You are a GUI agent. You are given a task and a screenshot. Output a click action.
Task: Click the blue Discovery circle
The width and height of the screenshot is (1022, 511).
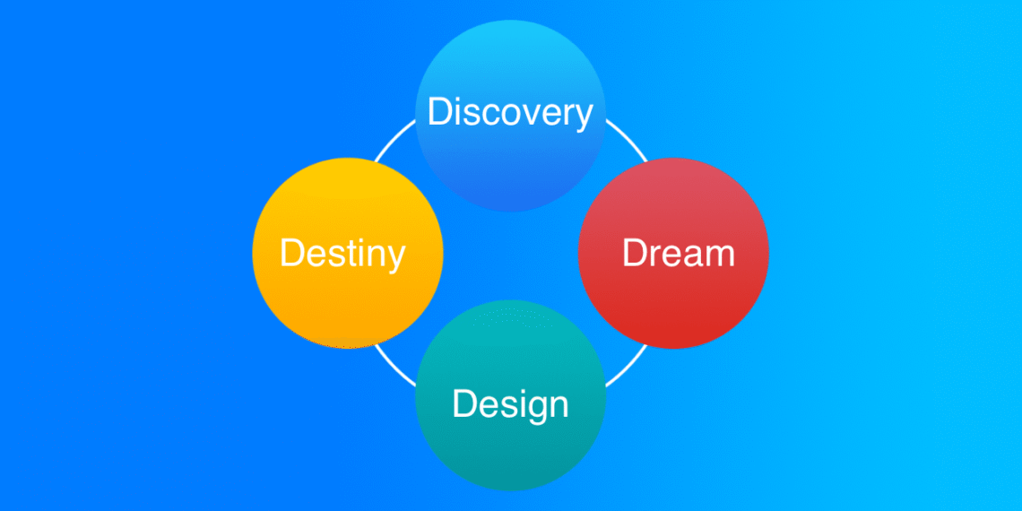(510, 116)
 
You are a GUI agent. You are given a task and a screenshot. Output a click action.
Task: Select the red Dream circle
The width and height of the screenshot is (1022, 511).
(673, 253)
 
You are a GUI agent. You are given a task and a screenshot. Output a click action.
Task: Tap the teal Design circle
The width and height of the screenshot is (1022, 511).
(510, 395)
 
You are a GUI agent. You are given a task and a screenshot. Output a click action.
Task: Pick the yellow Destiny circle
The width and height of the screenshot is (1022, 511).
(348, 253)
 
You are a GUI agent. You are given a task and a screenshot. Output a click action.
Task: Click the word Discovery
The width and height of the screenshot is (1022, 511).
(510, 113)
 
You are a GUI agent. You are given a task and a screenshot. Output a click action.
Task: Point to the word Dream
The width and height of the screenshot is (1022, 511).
(679, 253)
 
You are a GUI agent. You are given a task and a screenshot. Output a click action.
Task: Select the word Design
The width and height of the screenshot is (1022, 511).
(510, 406)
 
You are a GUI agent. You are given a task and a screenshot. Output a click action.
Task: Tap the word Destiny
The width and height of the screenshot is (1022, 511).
(342, 255)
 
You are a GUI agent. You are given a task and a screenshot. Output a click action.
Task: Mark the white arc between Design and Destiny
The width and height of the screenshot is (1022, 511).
(393, 367)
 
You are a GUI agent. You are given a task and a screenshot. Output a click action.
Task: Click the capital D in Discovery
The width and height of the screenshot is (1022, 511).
(440, 111)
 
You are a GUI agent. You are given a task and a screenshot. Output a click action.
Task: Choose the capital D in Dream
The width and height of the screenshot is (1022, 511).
(635, 253)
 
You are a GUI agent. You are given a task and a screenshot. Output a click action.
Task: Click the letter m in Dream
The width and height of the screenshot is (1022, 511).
(719, 256)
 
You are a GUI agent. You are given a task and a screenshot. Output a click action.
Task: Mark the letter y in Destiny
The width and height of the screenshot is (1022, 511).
(395, 260)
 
